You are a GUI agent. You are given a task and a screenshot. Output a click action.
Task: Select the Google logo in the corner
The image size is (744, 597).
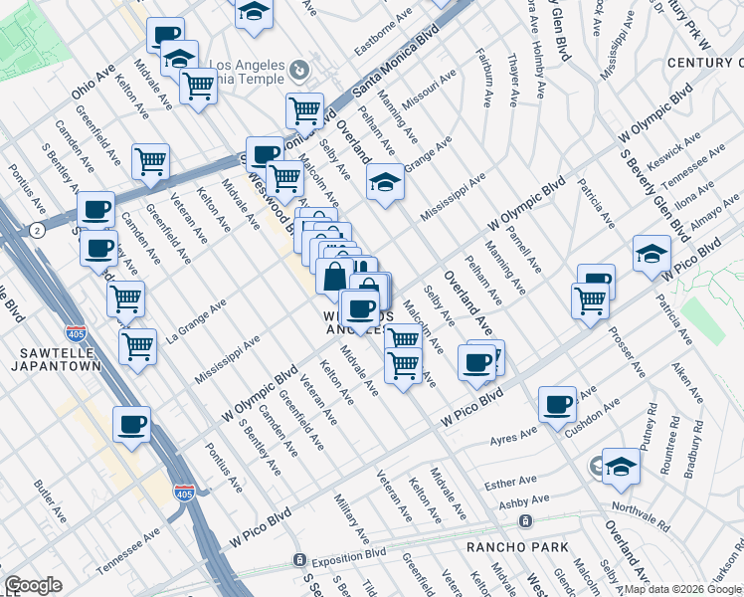pyautogui.click(x=33, y=586)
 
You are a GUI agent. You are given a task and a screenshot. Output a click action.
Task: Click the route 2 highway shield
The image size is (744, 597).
pyautogui.click(x=36, y=231)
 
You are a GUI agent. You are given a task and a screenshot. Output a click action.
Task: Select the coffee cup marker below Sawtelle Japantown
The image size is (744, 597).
pyautogui.click(x=131, y=425)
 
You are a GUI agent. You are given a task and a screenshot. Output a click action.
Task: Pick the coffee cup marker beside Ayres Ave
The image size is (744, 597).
pyautogui.click(x=557, y=404)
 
